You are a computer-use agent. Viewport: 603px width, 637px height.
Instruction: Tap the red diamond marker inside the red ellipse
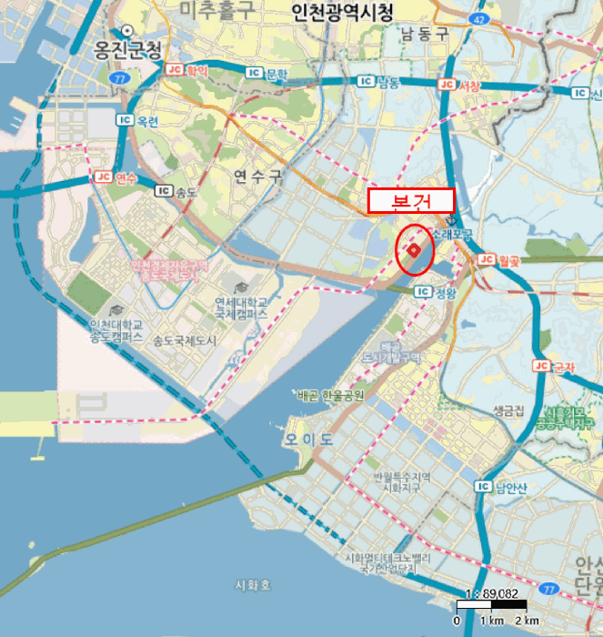[x=413, y=249]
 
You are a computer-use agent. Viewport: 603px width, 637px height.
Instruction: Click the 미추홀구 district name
[x=218, y=11]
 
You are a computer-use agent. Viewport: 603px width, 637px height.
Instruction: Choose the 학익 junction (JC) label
[x=187, y=69]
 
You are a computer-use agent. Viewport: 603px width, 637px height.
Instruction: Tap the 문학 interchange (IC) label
[x=266, y=74]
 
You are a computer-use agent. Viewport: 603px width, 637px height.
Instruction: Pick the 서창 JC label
[x=459, y=85]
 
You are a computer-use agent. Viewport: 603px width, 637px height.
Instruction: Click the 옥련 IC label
[x=137, y=119]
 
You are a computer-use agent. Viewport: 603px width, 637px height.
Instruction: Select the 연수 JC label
[x=114, y=177]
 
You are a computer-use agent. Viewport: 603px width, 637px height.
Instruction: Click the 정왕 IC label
[x=434, y=292]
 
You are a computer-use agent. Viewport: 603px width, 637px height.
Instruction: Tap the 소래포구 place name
[x=454, y=235]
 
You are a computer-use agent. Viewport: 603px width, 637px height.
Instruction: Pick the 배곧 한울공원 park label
[x=330, y=396]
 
